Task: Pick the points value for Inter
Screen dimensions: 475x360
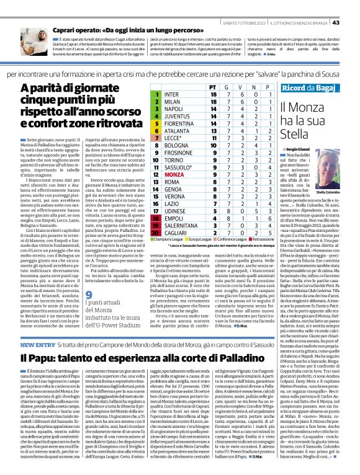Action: tap(213, 94)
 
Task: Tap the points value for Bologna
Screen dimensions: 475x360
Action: tap(213, 130)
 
